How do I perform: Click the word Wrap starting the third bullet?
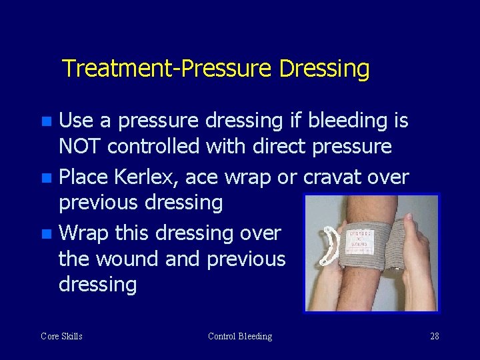pos(84,233)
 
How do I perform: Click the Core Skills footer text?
pos(61,337)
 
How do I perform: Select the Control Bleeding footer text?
pos(240,337)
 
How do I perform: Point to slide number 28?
pos(435,337)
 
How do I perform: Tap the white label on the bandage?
pos(360,236)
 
